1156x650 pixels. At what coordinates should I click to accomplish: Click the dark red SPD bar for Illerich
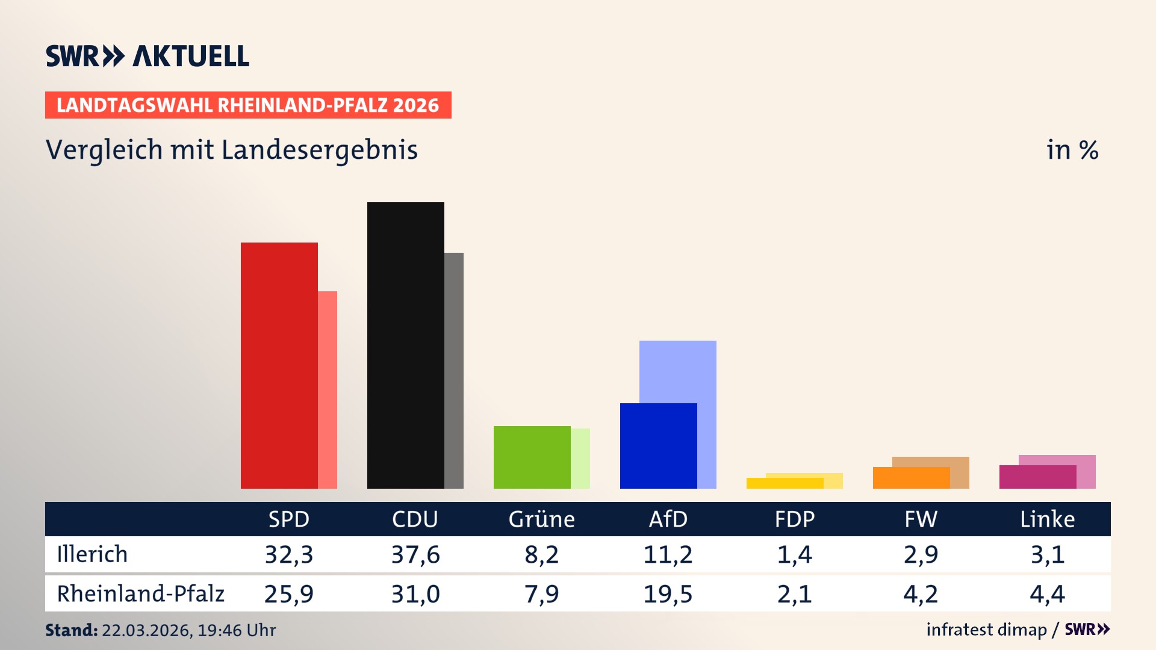pos(279,365)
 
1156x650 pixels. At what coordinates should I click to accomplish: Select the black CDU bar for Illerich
pos(405,345)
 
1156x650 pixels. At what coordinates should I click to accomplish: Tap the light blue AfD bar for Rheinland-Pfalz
pos(678,371)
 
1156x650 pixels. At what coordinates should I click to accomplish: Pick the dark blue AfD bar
pos(658,446)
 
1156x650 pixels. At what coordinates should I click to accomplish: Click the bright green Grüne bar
pos(532,457)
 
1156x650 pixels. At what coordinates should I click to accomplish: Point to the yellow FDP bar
pos(785,483)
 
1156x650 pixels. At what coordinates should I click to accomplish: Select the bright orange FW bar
pos(911,478)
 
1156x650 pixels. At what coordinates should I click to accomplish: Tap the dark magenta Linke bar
pos(1037,477)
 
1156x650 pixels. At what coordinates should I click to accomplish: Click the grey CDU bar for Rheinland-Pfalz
pos(454,370)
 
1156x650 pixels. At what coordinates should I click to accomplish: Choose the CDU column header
pos(415,519)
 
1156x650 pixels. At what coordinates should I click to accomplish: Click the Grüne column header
pos(541,519)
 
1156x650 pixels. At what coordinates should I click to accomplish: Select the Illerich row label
pos(92,554)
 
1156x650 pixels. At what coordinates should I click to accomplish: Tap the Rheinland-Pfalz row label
pos(140,594)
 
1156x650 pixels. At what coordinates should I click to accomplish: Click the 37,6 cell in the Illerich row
pos(415,554)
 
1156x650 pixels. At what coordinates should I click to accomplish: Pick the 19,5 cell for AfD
pos(668,594)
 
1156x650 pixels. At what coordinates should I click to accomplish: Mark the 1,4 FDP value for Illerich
pos(794,554)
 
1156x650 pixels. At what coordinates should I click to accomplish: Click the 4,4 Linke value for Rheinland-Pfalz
pos(1047,594)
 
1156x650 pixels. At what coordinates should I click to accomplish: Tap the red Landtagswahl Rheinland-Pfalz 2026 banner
pos(248,105)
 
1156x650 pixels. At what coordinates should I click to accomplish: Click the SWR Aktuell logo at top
pos(148,56)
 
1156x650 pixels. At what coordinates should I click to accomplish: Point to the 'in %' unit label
pos(1072,150)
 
